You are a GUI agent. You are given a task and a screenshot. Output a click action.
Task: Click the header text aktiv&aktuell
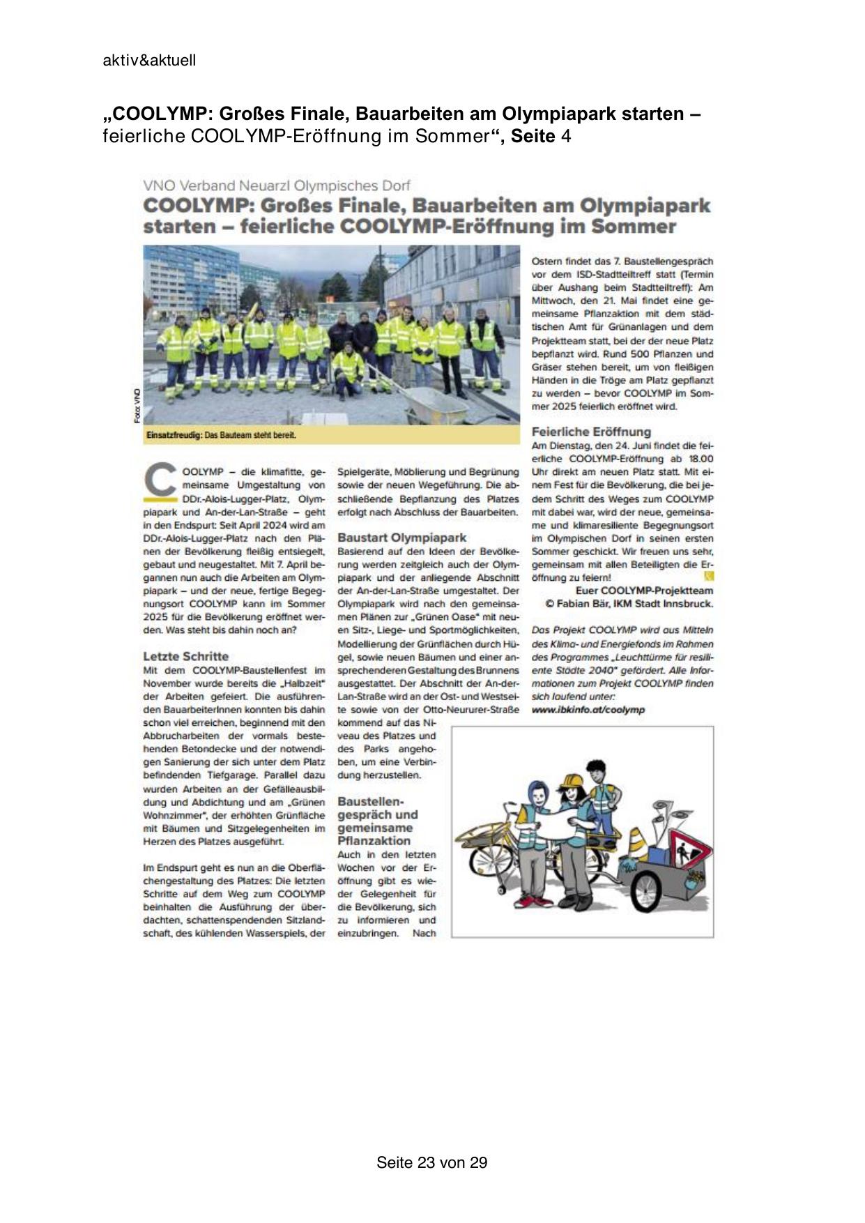coord(149,61)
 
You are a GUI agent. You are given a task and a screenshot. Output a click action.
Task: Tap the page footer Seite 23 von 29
coord(431,1162)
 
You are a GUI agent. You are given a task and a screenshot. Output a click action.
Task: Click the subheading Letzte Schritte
coord(185,656)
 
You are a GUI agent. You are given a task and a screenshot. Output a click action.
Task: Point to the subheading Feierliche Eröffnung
coord(591,432)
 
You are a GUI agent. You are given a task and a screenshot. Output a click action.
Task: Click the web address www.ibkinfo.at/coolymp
coord(588,710)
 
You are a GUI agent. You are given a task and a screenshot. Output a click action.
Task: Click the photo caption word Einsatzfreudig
coord(174,435)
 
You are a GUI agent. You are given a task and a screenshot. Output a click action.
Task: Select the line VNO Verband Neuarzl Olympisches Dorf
coord(276,185)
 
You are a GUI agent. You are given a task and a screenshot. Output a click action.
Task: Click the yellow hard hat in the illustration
coord(573,780)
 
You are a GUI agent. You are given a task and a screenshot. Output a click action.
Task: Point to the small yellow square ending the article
coord(709,577)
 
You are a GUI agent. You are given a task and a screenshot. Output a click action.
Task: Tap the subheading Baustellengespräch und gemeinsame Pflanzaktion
coord(377,821)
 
